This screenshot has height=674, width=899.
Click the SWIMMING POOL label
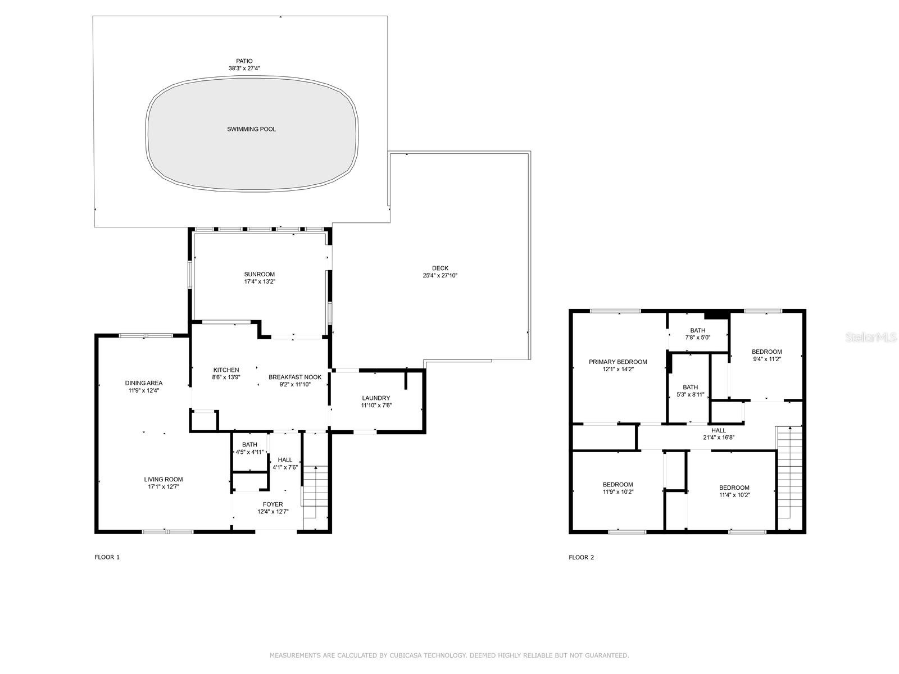(x=251, y=129)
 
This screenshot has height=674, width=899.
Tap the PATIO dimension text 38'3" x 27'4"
(x=244, y=69)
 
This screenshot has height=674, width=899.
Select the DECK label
(x=440, y=268)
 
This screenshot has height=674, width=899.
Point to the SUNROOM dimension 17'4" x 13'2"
(x=259, y=282)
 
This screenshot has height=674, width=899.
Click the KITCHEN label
(x=226, y=370)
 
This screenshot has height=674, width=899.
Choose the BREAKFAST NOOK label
(x=294, y=377)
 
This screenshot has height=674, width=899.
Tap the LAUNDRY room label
(x=376, y=398)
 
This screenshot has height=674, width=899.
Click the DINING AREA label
(x=143, y=383)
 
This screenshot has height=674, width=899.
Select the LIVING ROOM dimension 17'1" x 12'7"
(x=164, y=487)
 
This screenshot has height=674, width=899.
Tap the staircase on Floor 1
(x=316, y=494)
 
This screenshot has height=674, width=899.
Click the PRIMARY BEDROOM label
(x=618, y=362)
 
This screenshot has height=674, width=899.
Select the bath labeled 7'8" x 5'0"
(x=697, y=334)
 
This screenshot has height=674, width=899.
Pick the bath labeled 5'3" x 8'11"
(x=690, y=390)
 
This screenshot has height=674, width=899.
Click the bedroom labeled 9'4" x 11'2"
(x=766, y=355)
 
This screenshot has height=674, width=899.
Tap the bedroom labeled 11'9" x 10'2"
(x=618, y=488)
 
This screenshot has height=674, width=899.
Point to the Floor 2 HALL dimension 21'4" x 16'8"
(x=719, y=438)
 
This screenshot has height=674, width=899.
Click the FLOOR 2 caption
(x=581, y=557)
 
